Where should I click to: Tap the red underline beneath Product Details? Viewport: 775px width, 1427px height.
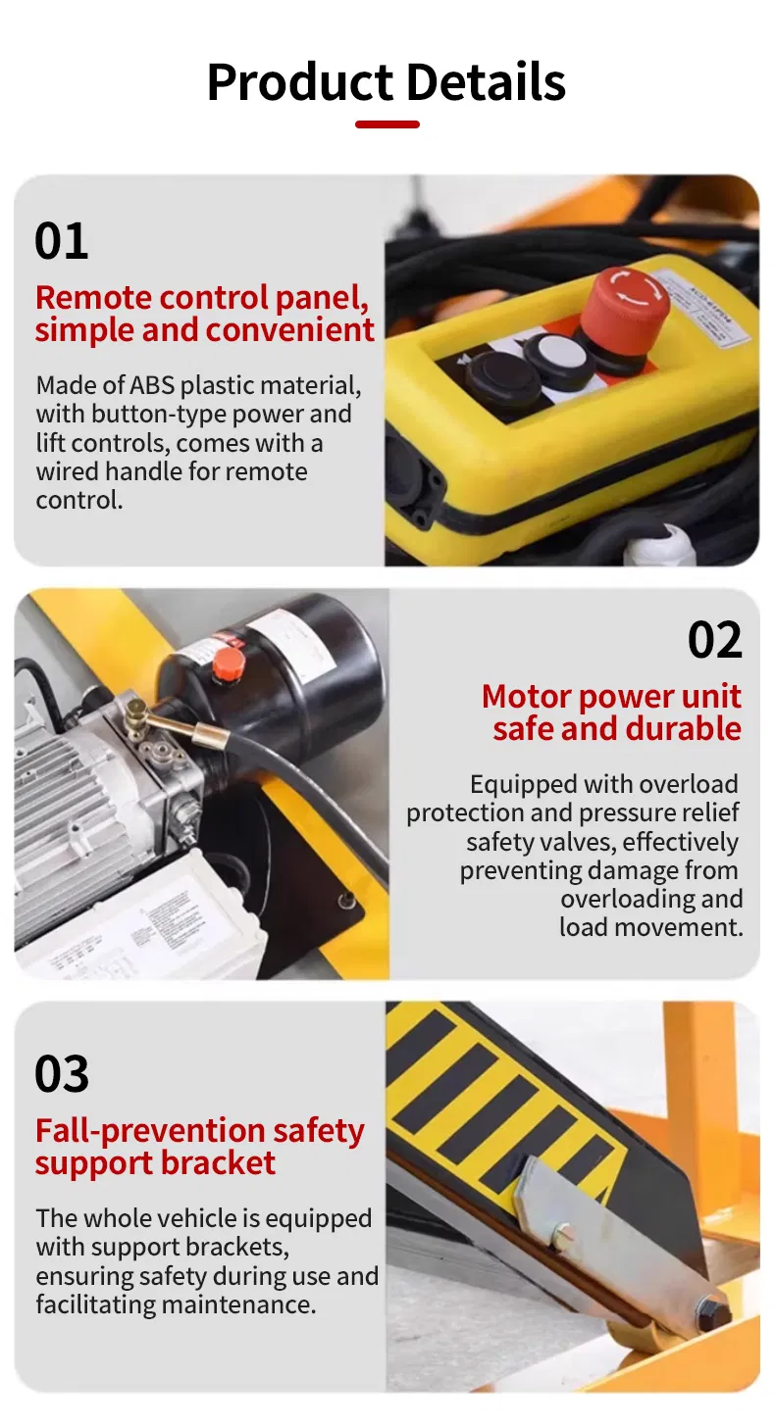coord(387,124)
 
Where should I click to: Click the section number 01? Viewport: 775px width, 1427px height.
coord(61,241)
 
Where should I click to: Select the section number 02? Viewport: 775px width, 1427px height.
coord(714,640)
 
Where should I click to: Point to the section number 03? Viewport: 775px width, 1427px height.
coord(62,1074)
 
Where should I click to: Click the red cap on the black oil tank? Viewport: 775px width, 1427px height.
coord(229,663)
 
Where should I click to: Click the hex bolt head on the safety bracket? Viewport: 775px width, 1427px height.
coord(710,1311)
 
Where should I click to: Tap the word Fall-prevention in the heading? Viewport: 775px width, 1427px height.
coord(135,1131)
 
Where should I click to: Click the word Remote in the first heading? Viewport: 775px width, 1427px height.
coord(93,297)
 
